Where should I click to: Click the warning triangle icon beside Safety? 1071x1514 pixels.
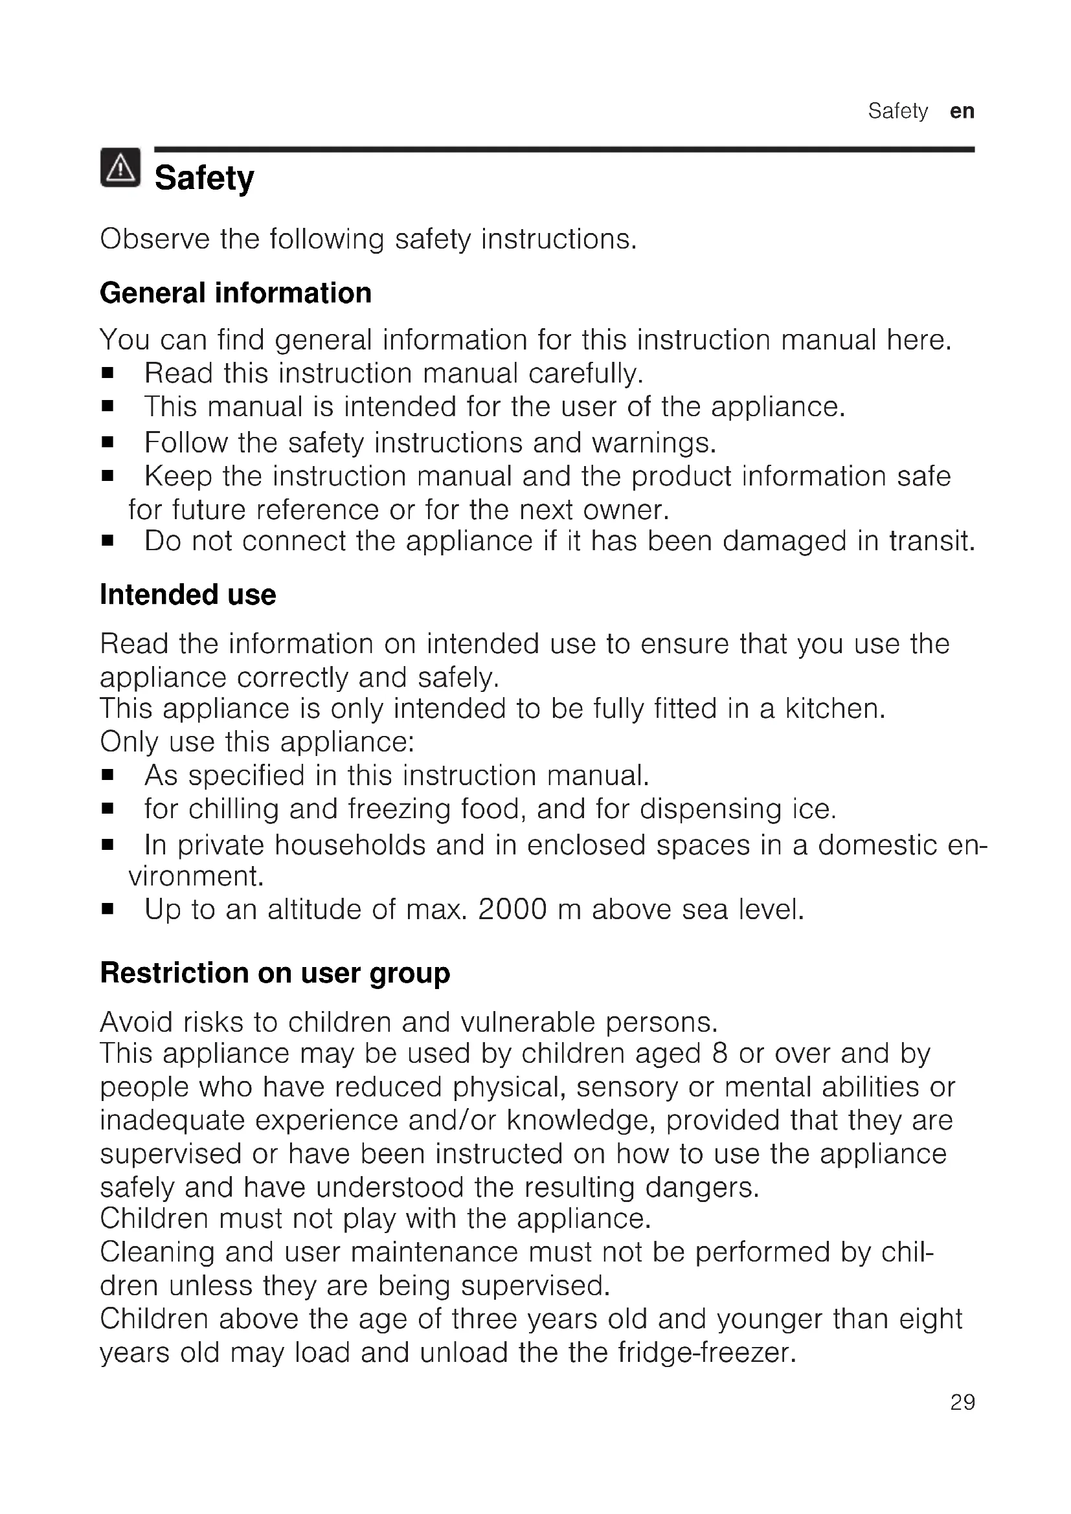(x=120, y=168)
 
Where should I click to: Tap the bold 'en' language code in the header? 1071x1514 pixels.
(x=962, y=111)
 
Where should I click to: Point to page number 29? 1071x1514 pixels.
(x=962, y=1420)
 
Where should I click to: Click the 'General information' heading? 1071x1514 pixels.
(x=236, y=293)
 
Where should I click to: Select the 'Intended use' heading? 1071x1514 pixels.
(x=188, y=595)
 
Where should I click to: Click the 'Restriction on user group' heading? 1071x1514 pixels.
(x=275, y=974)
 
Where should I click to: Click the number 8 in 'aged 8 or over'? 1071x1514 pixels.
(x=719, y=1054)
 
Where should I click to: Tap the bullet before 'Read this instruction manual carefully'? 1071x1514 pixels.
(x=108, y=374)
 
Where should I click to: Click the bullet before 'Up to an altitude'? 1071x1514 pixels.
(x=108, y=911)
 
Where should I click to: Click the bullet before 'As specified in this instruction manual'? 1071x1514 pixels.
(x=108, y=776)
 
